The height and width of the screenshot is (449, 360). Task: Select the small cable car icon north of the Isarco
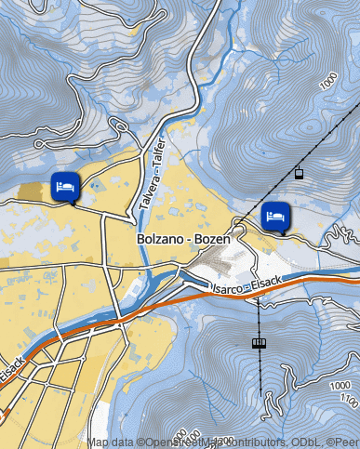[x=299, y=173]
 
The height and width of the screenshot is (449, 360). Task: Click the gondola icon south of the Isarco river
[x=259, y=343]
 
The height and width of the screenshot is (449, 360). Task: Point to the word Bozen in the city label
[x=212, y=239]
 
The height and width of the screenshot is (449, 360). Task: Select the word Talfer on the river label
[x=158, y=152]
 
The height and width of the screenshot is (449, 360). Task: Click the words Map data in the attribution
[x=111, y=442]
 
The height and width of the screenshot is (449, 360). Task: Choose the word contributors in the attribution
[x=247, y=442]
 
